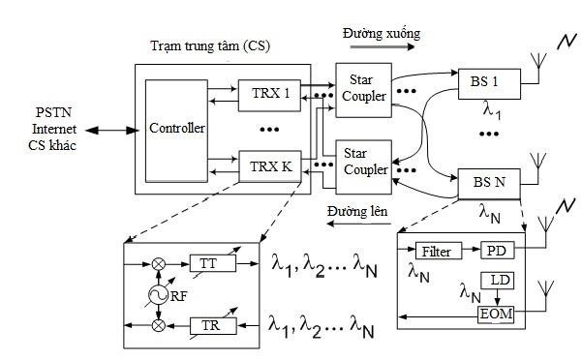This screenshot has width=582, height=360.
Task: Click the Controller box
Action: (x=175, y=130)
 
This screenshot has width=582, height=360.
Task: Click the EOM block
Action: (x=497, y=315)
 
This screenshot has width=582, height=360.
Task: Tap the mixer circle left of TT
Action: (x=157, y=263)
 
